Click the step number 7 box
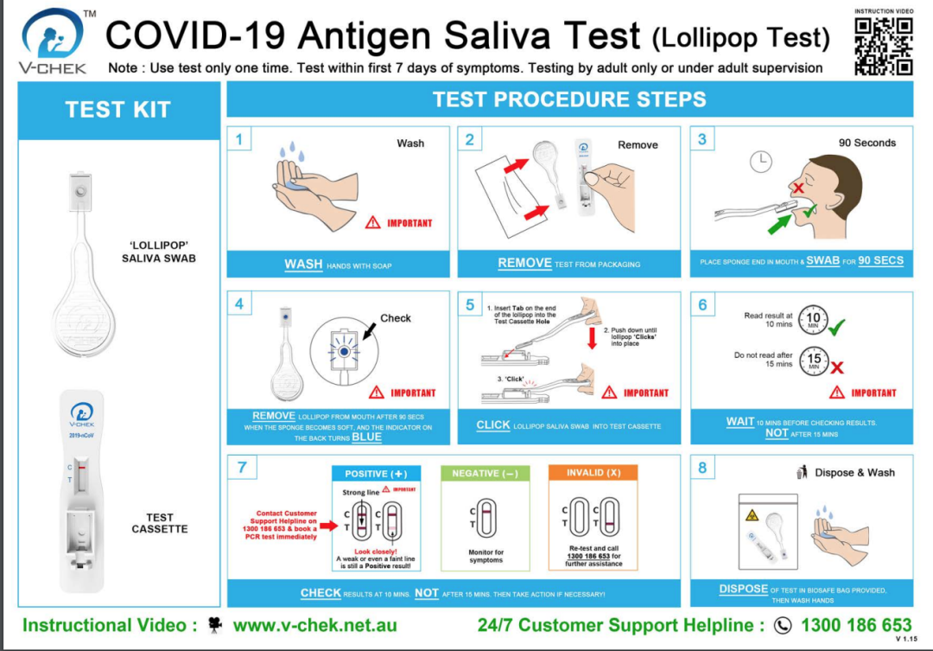point(242,468)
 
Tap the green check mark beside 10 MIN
point(837,326)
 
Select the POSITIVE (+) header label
point(376,474)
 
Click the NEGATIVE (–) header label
point(485,474)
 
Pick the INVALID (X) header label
point(593,474)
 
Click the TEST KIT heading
point(118,110)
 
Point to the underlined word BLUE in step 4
point(366,437)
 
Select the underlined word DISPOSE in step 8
point(744,589)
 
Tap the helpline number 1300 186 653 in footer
point(855,624)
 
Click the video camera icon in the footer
point(215,624)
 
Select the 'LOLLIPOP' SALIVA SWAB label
point(158,252)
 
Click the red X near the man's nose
point(798,188)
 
